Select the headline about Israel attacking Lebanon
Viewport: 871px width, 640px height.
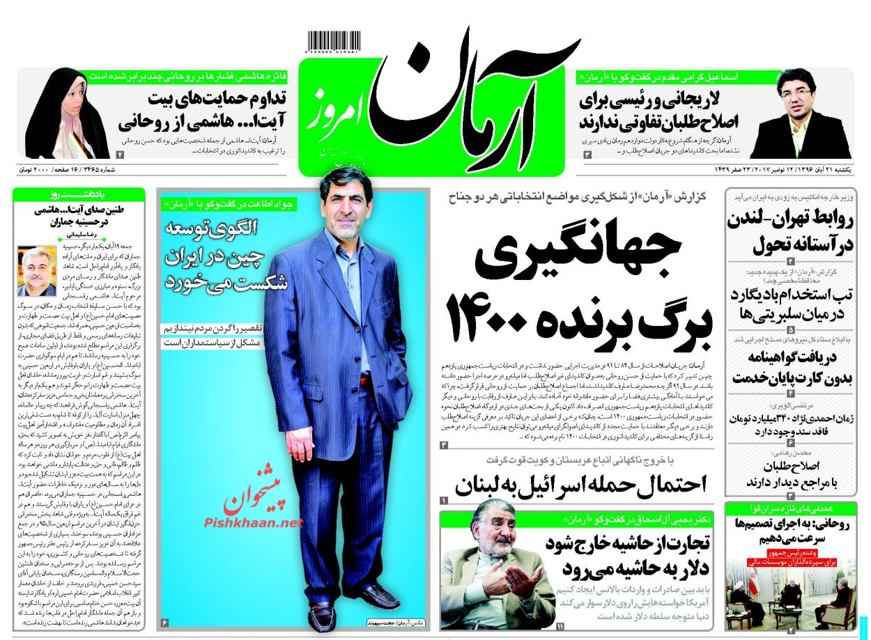tap(581, 484)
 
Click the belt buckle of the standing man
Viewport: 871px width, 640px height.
tap(363, 381)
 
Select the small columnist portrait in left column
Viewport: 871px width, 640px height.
tap(36, 271)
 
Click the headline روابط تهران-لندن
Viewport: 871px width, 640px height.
tap(791, 232)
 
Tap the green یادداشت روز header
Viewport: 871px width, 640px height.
tap(79, 195)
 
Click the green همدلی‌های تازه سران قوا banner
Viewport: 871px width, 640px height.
tap(790, 508)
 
